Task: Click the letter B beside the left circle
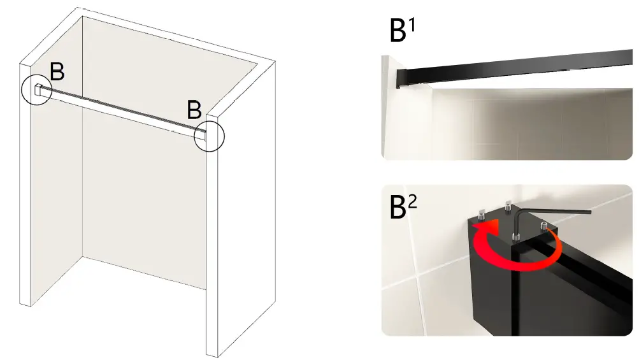tap(57, 73)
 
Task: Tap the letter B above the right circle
tap(194, 110)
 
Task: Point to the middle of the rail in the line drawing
tap(121, 111)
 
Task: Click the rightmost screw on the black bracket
tap(544, 226)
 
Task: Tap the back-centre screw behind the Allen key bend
tap(508, 206)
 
